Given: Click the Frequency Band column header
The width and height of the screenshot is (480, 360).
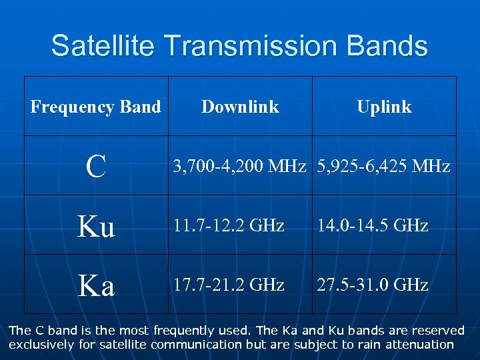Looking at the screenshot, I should (96, 107).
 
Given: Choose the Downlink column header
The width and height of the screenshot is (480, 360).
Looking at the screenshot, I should (240, 107).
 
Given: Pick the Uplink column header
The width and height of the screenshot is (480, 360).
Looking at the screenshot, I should (384, 107).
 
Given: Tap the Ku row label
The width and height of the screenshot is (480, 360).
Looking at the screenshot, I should (96, 226).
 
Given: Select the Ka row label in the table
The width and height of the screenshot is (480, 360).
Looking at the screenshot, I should (96, 285).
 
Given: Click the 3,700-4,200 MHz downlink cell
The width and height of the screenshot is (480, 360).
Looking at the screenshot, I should (239, 166).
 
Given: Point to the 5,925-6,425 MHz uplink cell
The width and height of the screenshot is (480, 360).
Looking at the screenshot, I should (384, 166).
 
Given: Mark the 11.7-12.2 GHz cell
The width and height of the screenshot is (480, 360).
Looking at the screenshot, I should (229, 226).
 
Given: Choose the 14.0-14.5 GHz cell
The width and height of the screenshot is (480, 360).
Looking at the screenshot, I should (373, 226).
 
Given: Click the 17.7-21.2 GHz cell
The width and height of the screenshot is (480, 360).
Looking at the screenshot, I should (229, 285).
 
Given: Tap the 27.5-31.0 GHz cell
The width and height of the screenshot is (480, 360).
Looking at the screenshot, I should (373, 285).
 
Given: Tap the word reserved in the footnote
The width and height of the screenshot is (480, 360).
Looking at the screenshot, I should (438, 331).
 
